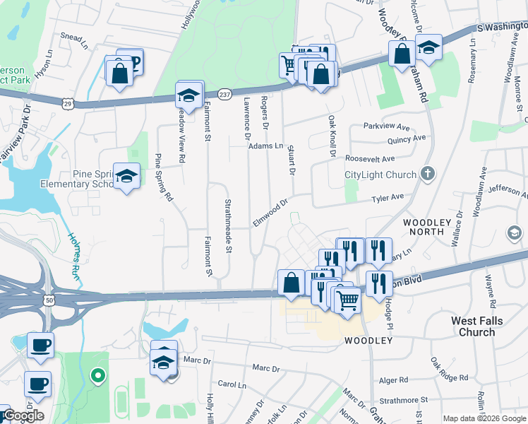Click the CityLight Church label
[x=380, y=175]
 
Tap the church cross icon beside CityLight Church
[x=426, y=173]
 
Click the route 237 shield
[x=224, y=93]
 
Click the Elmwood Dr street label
[x=270, y=213]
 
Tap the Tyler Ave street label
[x=388, y=199]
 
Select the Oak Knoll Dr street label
[x=331, y=136]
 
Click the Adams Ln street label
[x=265, y=146]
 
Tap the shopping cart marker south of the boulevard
[x=347, y=300]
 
